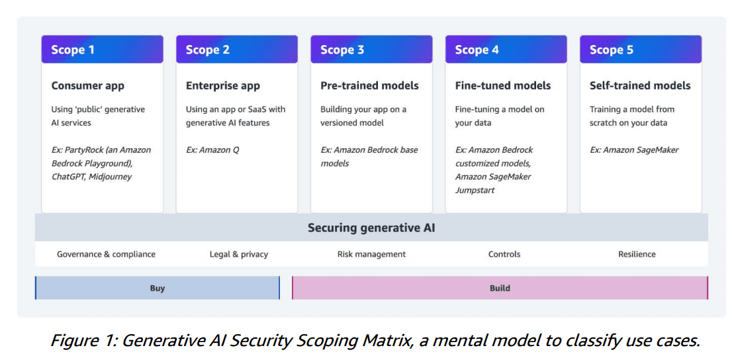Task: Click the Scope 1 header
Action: [102, 49]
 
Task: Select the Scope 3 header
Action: [371, 49]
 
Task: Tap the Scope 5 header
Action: [641, 49]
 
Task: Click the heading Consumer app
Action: [88, 86]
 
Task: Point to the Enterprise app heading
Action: [222, 86]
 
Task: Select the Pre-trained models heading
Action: [369, 86]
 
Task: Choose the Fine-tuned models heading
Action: [503, 86]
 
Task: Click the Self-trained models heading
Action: [640, 86]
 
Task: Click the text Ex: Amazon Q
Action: [213, 150]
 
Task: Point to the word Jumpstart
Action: [475, 191]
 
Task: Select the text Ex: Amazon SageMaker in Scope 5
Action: [634, 150]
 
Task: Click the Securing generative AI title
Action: [371, 228]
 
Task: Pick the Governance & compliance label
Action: [106, 255]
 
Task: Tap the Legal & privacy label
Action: [239, 255]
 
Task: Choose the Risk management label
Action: [371, 255]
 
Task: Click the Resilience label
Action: [637, 255]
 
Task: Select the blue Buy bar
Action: [158, 288]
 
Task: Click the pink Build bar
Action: [500, 288]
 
